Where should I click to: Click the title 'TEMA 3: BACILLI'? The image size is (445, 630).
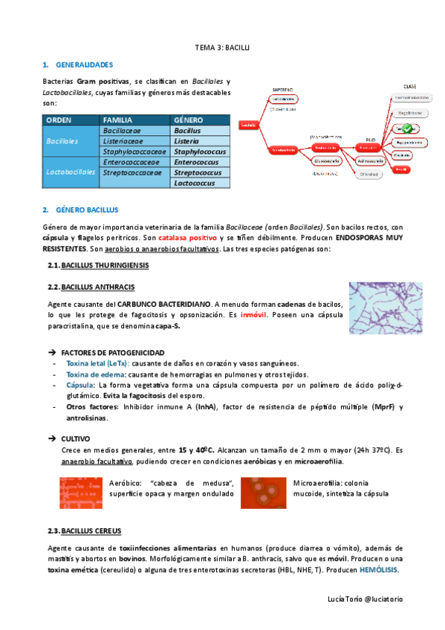pos(222,47)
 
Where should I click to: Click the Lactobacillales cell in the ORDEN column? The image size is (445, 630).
pos(71,172)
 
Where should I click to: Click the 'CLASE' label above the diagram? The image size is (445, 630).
pos(409,86)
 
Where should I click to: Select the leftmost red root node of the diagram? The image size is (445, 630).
pos(248,125)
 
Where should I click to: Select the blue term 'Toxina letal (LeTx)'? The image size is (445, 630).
pos(97,363)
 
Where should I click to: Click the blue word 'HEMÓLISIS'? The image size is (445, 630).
pos(377,570)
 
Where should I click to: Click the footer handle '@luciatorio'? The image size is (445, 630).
pos(383,598)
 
